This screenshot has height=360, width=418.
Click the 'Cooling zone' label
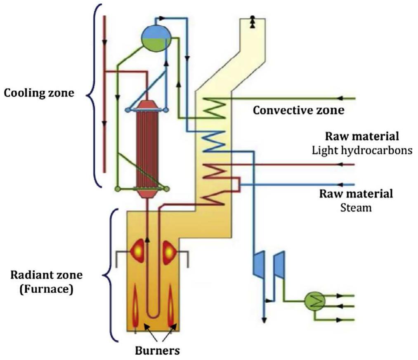(x=39, y=93)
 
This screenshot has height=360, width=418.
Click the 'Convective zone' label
(x=298, y=111)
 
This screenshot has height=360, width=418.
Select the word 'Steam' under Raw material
(x=356, y=207)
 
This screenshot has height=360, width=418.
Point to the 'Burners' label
(x=158, y=351)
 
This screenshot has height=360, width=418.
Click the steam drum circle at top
(x=156, y=38)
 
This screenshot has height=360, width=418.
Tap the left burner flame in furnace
(x=136, y=310)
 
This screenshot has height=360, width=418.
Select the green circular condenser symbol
(x=313, y=302)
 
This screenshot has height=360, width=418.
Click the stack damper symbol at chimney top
(x=252, y=23)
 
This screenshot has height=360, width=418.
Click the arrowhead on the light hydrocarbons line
(x=340, y=164)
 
